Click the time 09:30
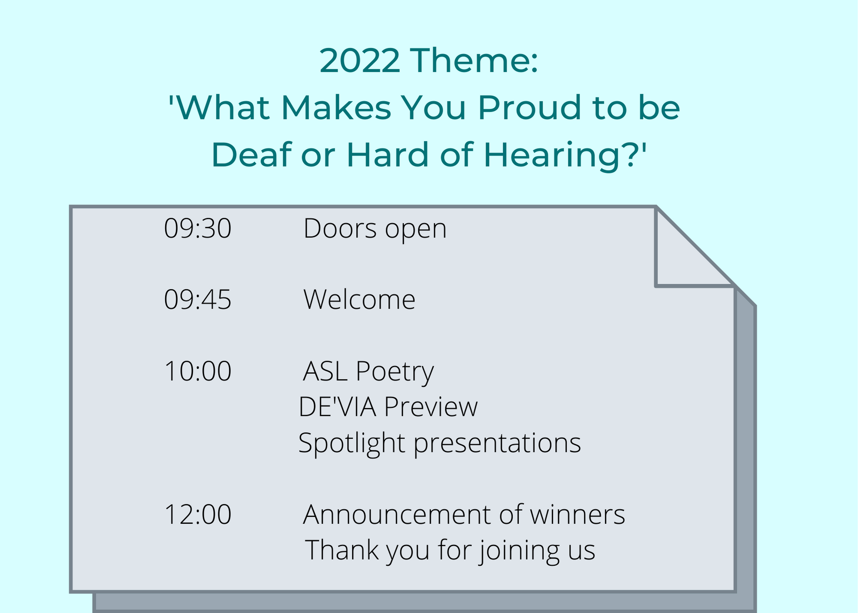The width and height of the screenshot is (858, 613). coord(198,228)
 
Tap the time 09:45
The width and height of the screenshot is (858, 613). coord(198,299)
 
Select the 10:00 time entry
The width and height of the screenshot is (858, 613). coord(198,371)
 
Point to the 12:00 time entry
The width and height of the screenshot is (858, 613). coord(198,514)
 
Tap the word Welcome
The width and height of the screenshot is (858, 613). coord(360,299)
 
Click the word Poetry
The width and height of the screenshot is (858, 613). coord(395,372)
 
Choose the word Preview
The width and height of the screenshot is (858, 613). coord(431,407)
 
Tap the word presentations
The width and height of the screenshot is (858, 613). coord(497,443)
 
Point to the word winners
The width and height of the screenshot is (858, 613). coord(577,514)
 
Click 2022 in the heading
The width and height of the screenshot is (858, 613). coord(360,61)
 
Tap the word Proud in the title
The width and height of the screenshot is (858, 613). coord(530,107)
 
